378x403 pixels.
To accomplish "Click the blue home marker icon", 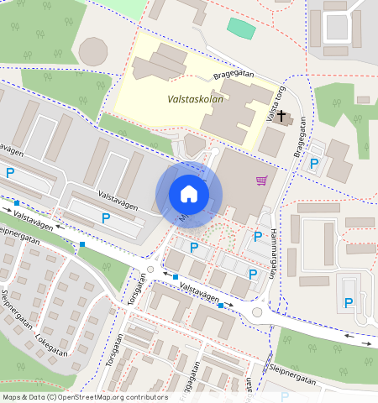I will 189,194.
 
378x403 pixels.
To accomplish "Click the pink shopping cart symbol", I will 262,180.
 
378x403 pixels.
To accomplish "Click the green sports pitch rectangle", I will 241,28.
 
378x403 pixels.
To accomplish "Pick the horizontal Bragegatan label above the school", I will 233,74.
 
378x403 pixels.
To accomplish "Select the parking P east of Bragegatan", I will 313,165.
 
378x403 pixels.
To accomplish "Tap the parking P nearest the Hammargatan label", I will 258,237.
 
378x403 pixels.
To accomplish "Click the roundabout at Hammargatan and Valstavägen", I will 257,312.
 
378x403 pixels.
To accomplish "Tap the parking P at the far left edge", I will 10,173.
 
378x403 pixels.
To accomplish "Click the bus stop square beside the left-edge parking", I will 17,202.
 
